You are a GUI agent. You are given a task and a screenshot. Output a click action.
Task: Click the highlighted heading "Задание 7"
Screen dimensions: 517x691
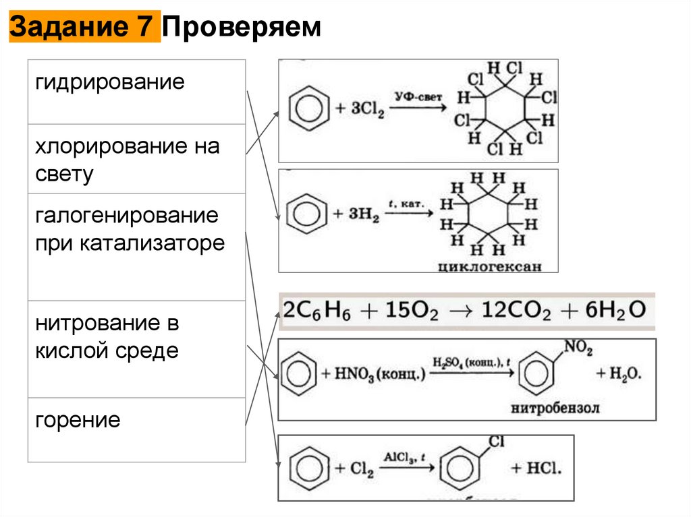[x=84, y=28]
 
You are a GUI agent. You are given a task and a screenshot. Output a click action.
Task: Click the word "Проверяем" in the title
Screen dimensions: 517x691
[x=241, y=28]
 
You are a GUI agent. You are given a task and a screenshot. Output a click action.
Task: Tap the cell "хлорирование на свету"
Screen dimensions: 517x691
[x=128, y=160]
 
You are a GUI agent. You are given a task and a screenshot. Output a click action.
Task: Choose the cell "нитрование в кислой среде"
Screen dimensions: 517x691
[x=108, y=337]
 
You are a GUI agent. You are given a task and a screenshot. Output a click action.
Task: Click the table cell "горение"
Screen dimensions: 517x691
[x=78, y=421]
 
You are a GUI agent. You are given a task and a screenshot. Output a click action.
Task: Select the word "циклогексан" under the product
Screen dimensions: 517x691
[x=489, y=266]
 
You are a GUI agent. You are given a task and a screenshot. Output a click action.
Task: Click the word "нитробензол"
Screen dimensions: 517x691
[x=555, y=408]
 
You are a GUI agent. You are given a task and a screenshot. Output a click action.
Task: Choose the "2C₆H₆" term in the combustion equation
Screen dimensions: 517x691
[x=312, y=309]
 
